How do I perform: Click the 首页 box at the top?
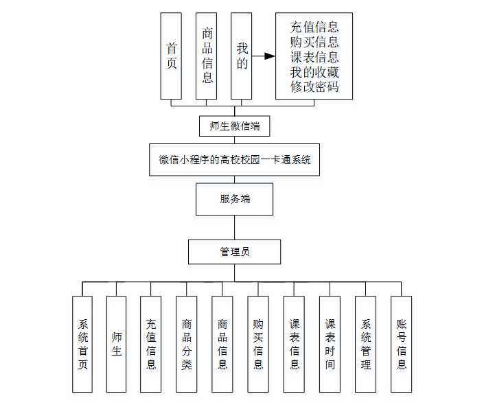171,56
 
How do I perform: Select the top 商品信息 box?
207,56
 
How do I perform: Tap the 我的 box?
242,56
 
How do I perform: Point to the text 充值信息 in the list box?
314,27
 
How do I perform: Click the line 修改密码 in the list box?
314,87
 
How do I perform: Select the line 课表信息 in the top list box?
314,57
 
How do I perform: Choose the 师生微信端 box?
234,126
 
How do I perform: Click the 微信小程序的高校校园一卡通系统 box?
235,160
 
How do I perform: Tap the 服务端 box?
235,199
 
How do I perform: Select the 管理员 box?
235,252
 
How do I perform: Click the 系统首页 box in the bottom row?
82,344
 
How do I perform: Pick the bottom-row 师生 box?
117,344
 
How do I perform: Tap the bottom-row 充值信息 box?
151,344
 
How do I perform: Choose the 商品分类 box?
187,344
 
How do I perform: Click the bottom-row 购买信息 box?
258,344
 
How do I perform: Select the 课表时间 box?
330,344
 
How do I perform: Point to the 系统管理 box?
366,344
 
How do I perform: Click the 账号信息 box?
402,344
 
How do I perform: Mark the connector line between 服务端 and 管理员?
235,227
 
